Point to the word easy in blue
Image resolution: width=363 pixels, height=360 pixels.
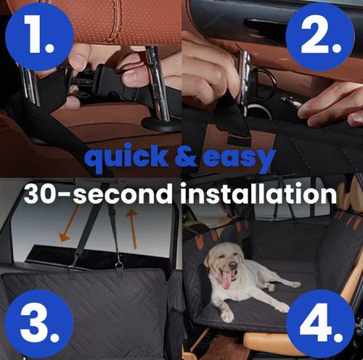point(239,159)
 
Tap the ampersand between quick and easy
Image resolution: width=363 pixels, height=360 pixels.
point(182,159)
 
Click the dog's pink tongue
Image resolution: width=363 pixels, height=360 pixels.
point(226,279)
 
